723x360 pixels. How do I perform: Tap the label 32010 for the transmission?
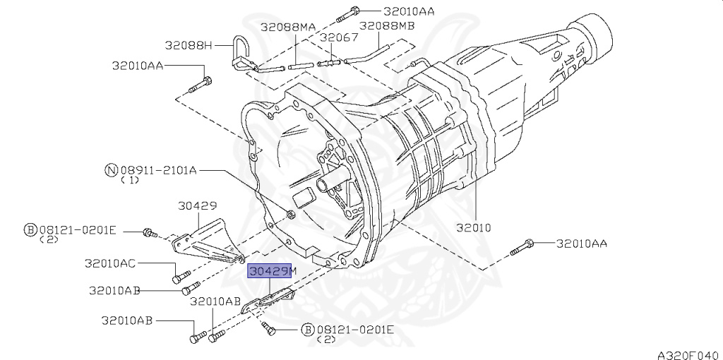(474, 227)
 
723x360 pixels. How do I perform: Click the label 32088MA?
(288, 27)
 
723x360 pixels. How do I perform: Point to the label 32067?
(339, 37)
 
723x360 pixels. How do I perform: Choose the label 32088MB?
(387, 25)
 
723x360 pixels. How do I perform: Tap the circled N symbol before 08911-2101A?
(111, 171)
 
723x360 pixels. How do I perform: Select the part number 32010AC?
(109, 263)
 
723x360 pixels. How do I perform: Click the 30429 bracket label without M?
(198, 205)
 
